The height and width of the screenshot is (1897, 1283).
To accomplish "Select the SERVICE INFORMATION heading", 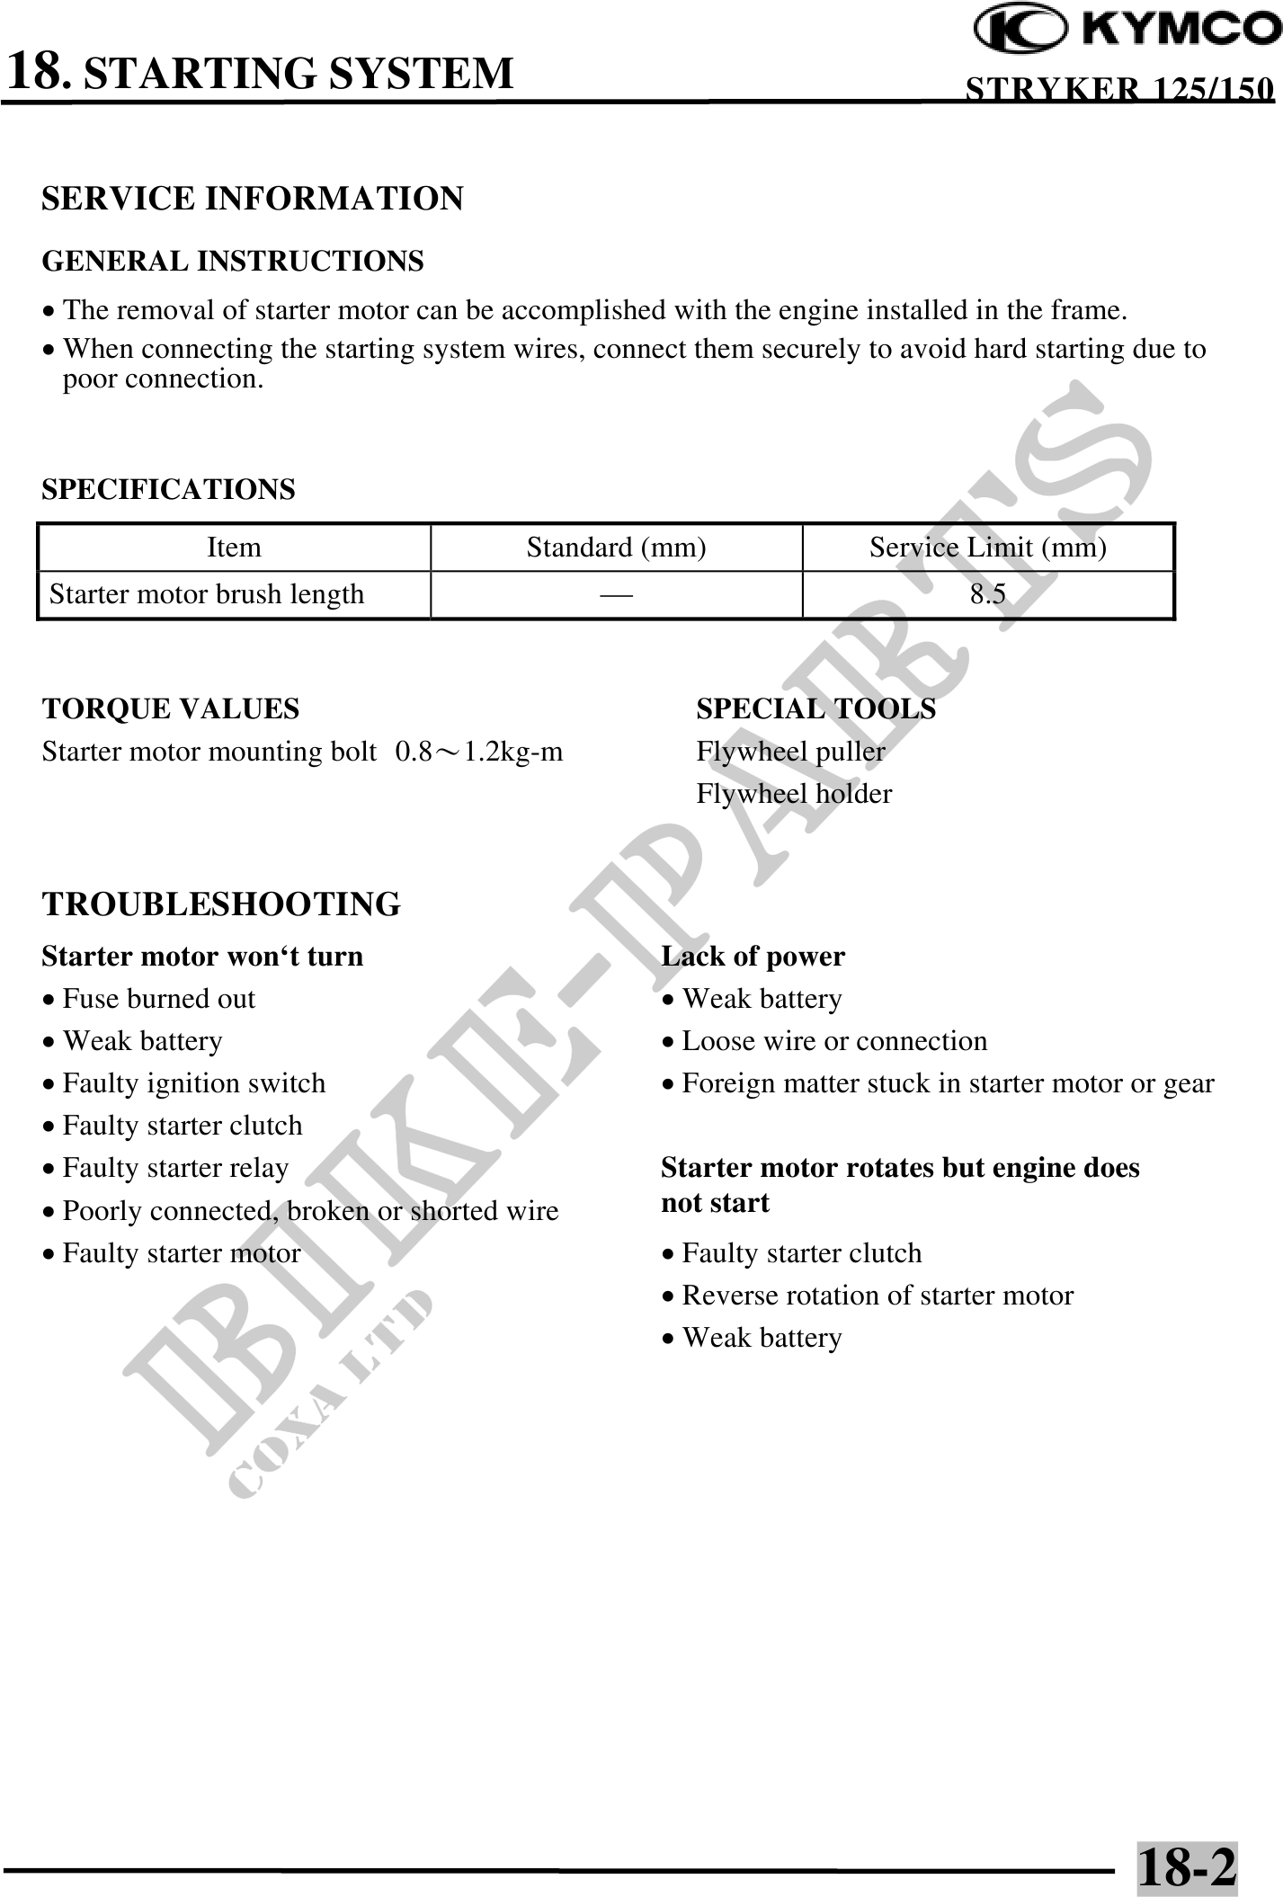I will [x=253, y=199].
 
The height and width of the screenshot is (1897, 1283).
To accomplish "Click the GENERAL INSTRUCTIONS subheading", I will [x=233, y=262].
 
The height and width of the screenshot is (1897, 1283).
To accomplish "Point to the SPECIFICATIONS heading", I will [x=168, y=490].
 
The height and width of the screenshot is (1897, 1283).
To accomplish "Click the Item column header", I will [x=234, y=548].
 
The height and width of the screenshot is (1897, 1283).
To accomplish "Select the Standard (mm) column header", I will [x=616, y=548].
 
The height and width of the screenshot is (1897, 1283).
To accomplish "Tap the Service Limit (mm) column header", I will [x=987, y=548].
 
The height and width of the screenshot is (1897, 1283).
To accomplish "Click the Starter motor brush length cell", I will [x=207, y=594].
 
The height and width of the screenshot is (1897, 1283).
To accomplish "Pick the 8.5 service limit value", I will [x=987, y=594].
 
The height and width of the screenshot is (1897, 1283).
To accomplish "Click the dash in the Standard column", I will [x=616, y=594].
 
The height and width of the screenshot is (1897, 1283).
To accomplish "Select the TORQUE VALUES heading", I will [x=171, y=709].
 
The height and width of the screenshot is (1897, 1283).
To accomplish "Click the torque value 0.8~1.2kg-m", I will [x=479, y=752].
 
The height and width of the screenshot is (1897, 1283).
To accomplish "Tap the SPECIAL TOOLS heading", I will [x=815, y=709].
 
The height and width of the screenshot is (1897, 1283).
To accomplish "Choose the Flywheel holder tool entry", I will [x=794, y=794].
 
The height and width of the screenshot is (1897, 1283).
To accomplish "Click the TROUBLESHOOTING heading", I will [x=221, y=904].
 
